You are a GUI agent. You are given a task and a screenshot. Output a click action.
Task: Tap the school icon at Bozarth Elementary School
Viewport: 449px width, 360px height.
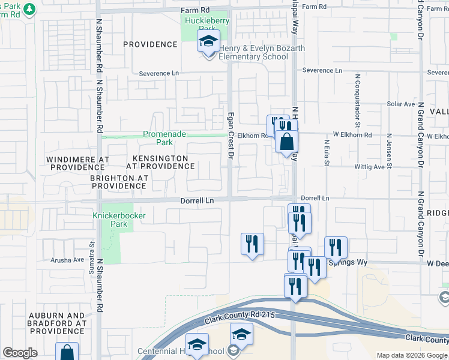[x=208, y=43]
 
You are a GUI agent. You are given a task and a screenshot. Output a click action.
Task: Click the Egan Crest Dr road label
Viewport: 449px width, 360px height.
[x=229, y=136]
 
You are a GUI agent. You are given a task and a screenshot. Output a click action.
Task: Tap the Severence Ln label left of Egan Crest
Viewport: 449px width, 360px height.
[x=159, y=73]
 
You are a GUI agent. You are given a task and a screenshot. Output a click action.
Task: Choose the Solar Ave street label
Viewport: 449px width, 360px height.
[x=401, y=104]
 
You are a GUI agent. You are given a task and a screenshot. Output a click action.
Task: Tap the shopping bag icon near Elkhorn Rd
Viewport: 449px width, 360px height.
[x=287, y=142]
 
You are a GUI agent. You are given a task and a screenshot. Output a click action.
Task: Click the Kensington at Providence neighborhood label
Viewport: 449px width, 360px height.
[x=156, y=162]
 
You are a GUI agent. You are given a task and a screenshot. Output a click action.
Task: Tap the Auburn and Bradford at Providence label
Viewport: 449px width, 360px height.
[x=59, y=323]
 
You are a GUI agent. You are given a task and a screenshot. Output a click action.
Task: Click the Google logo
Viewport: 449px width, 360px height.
[x=20, y=353]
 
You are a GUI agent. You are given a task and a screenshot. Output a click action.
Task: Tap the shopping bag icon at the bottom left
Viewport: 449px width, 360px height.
[x=67, y=352]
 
